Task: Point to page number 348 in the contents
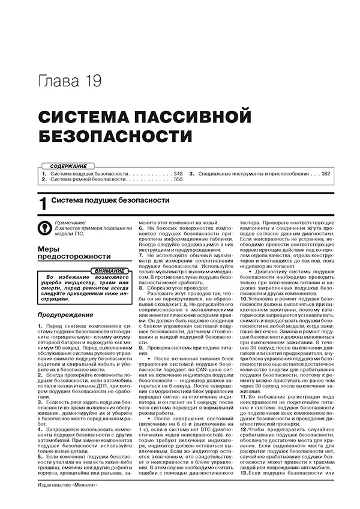pos(178,173)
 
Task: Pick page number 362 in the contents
pos(326,173)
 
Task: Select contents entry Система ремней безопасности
pos(88,179)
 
